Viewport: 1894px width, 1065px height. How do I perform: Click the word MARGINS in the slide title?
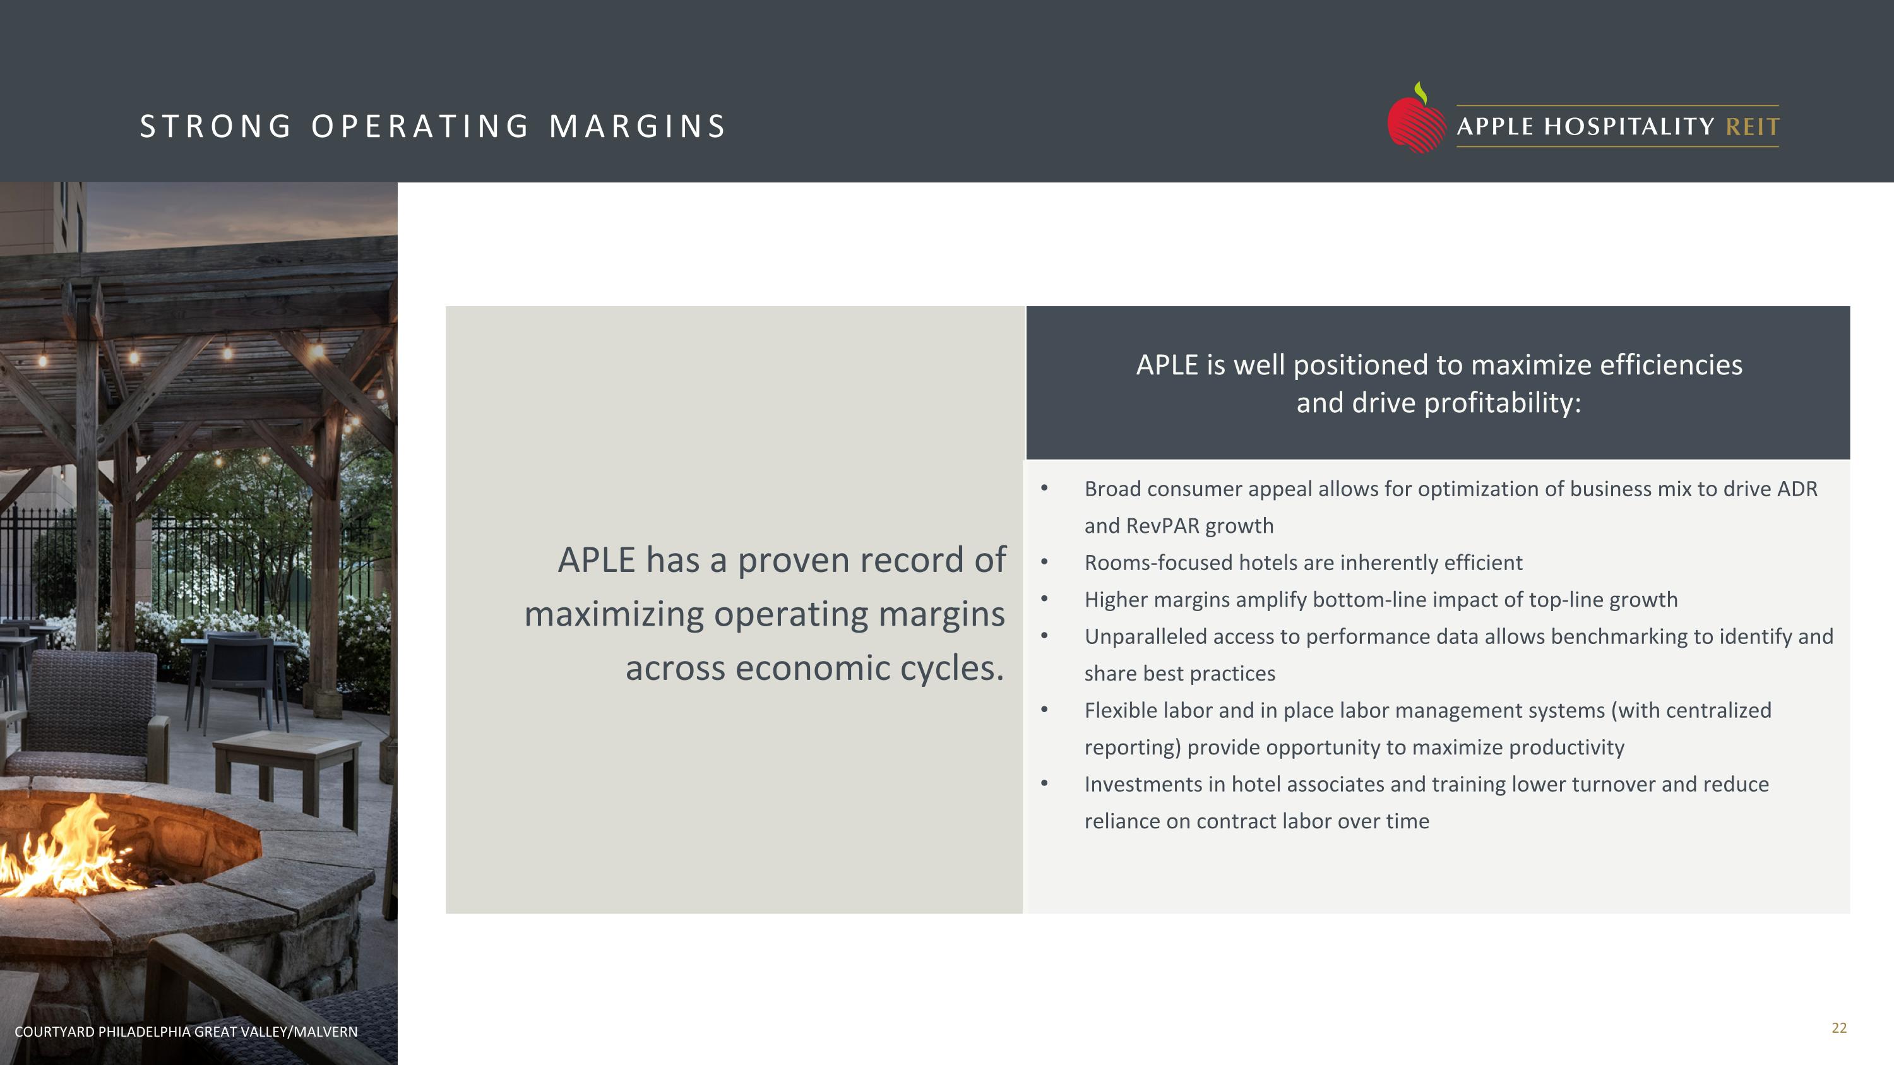coord(638,126)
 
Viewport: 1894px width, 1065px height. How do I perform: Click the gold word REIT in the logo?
coord(1752,127)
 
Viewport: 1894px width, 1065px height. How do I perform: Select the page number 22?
coord(1839,1028)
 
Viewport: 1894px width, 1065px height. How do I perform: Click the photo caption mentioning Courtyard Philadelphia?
coord(186,1031)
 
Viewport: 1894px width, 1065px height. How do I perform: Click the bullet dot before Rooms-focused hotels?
coord(1044,561)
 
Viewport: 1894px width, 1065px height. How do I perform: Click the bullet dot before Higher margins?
coord(1044,598)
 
